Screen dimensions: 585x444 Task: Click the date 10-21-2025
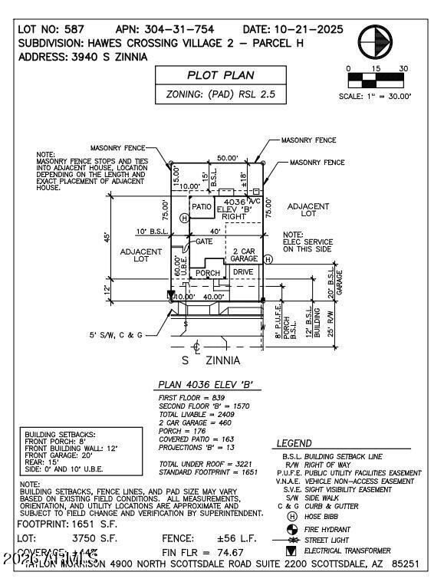(x=294, y=29)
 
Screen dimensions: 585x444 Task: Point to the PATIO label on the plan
(x=202, y=207)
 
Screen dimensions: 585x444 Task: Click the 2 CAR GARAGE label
(x=244, y=255)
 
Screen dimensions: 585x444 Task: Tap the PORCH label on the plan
(x=207, y=273)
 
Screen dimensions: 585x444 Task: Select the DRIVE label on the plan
(x=243, y=272)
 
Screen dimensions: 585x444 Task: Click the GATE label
(x=204, y=241)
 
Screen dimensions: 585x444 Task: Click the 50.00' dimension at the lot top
(x=227, y=158)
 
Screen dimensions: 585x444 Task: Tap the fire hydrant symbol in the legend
(x=291, y=528)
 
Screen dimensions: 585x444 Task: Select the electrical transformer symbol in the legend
(x=291, y=550)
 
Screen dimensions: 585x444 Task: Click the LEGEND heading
(x=294, y=443)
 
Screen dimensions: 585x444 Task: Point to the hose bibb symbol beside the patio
(x=184, y=219)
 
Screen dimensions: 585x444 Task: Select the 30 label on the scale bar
(x=403, y=68)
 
